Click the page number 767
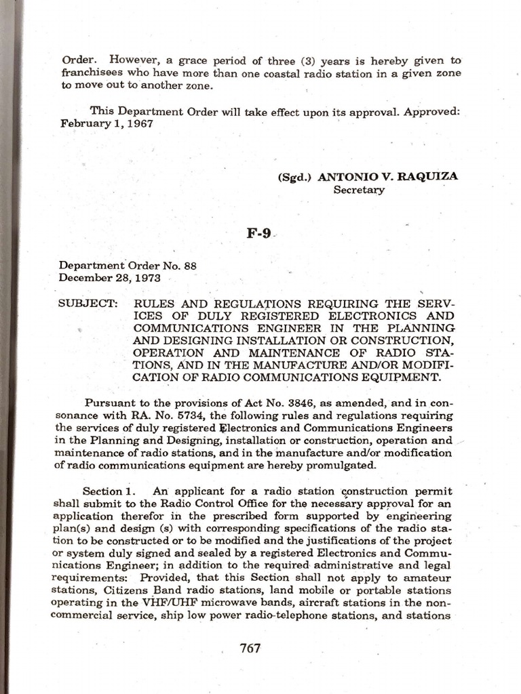[x=250, y=648]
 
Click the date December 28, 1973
[x=109, y=277]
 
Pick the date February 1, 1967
[x=106, y=124]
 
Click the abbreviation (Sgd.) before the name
[x=294, y=178]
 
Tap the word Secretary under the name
[x=359, y=190]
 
